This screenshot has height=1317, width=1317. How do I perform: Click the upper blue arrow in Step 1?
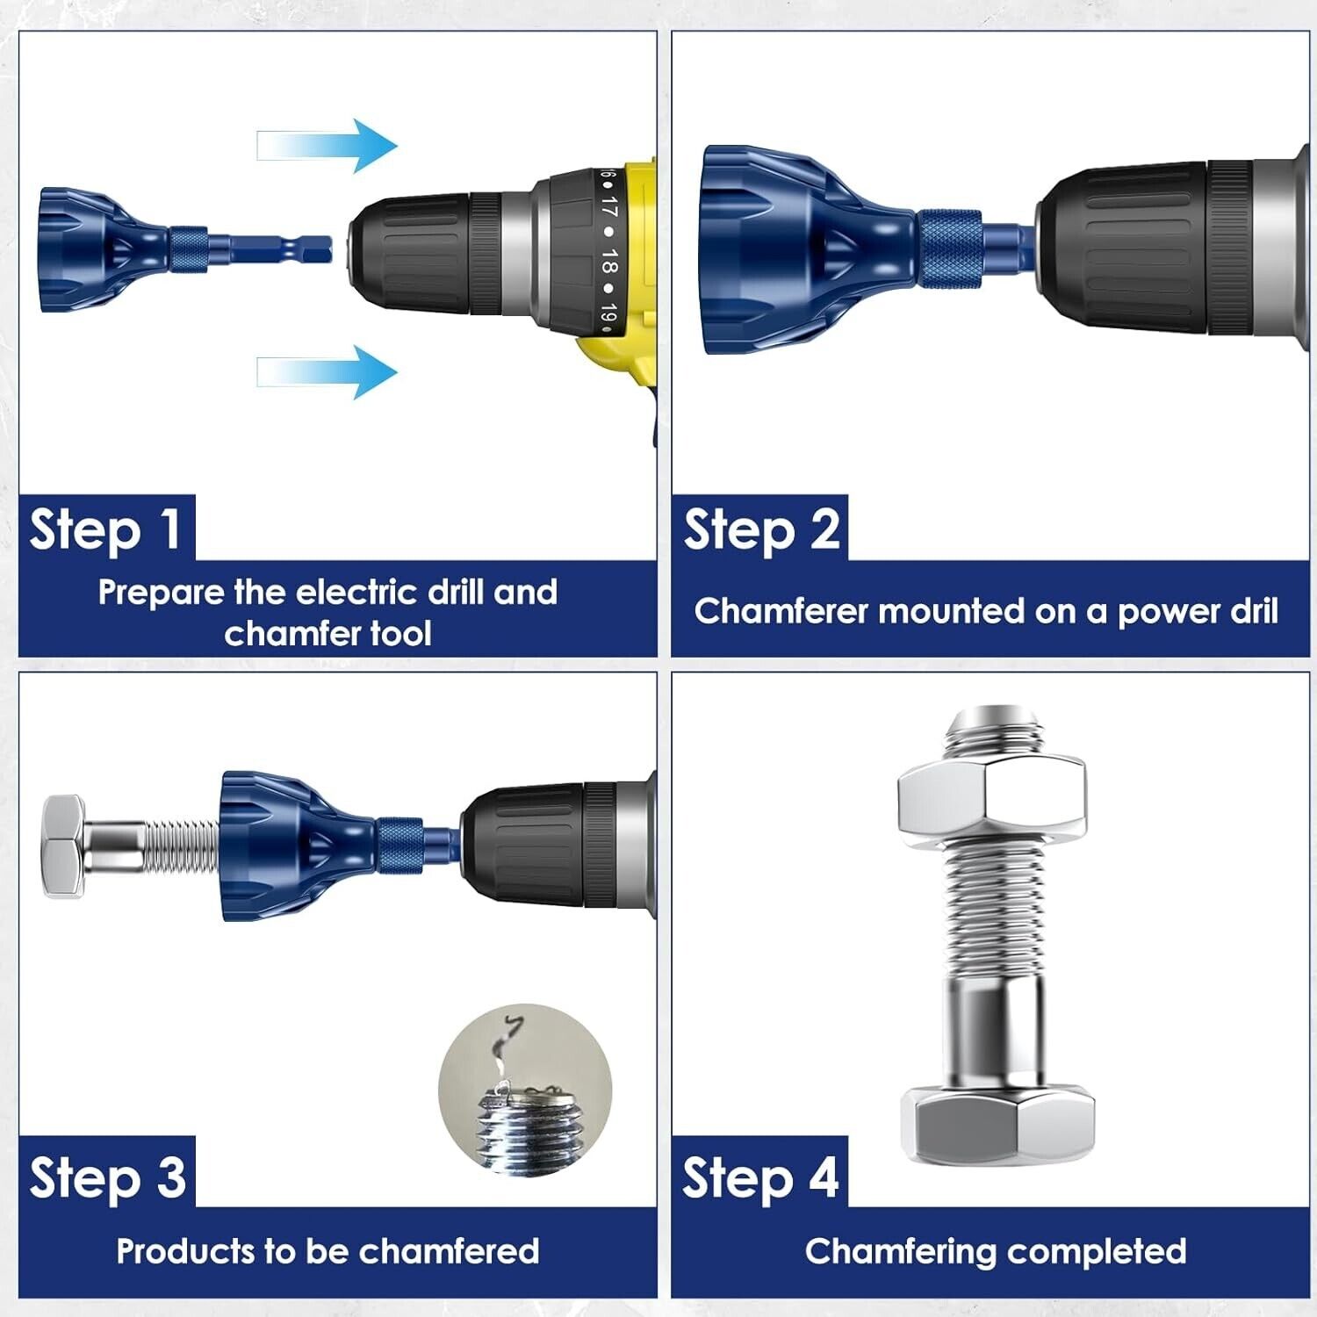[327, 146]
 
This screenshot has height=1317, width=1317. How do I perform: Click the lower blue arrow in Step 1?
[327, 371]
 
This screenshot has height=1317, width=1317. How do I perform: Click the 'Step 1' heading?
[106, 529]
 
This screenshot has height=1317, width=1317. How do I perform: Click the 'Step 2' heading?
[761, 529]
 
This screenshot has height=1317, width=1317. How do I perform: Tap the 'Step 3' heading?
[107, 1177]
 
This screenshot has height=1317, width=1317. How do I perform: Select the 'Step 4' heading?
[761, 1177]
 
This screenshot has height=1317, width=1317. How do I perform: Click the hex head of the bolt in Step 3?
[63, 846]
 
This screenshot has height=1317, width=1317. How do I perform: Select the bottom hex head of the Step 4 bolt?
[997, 1125]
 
